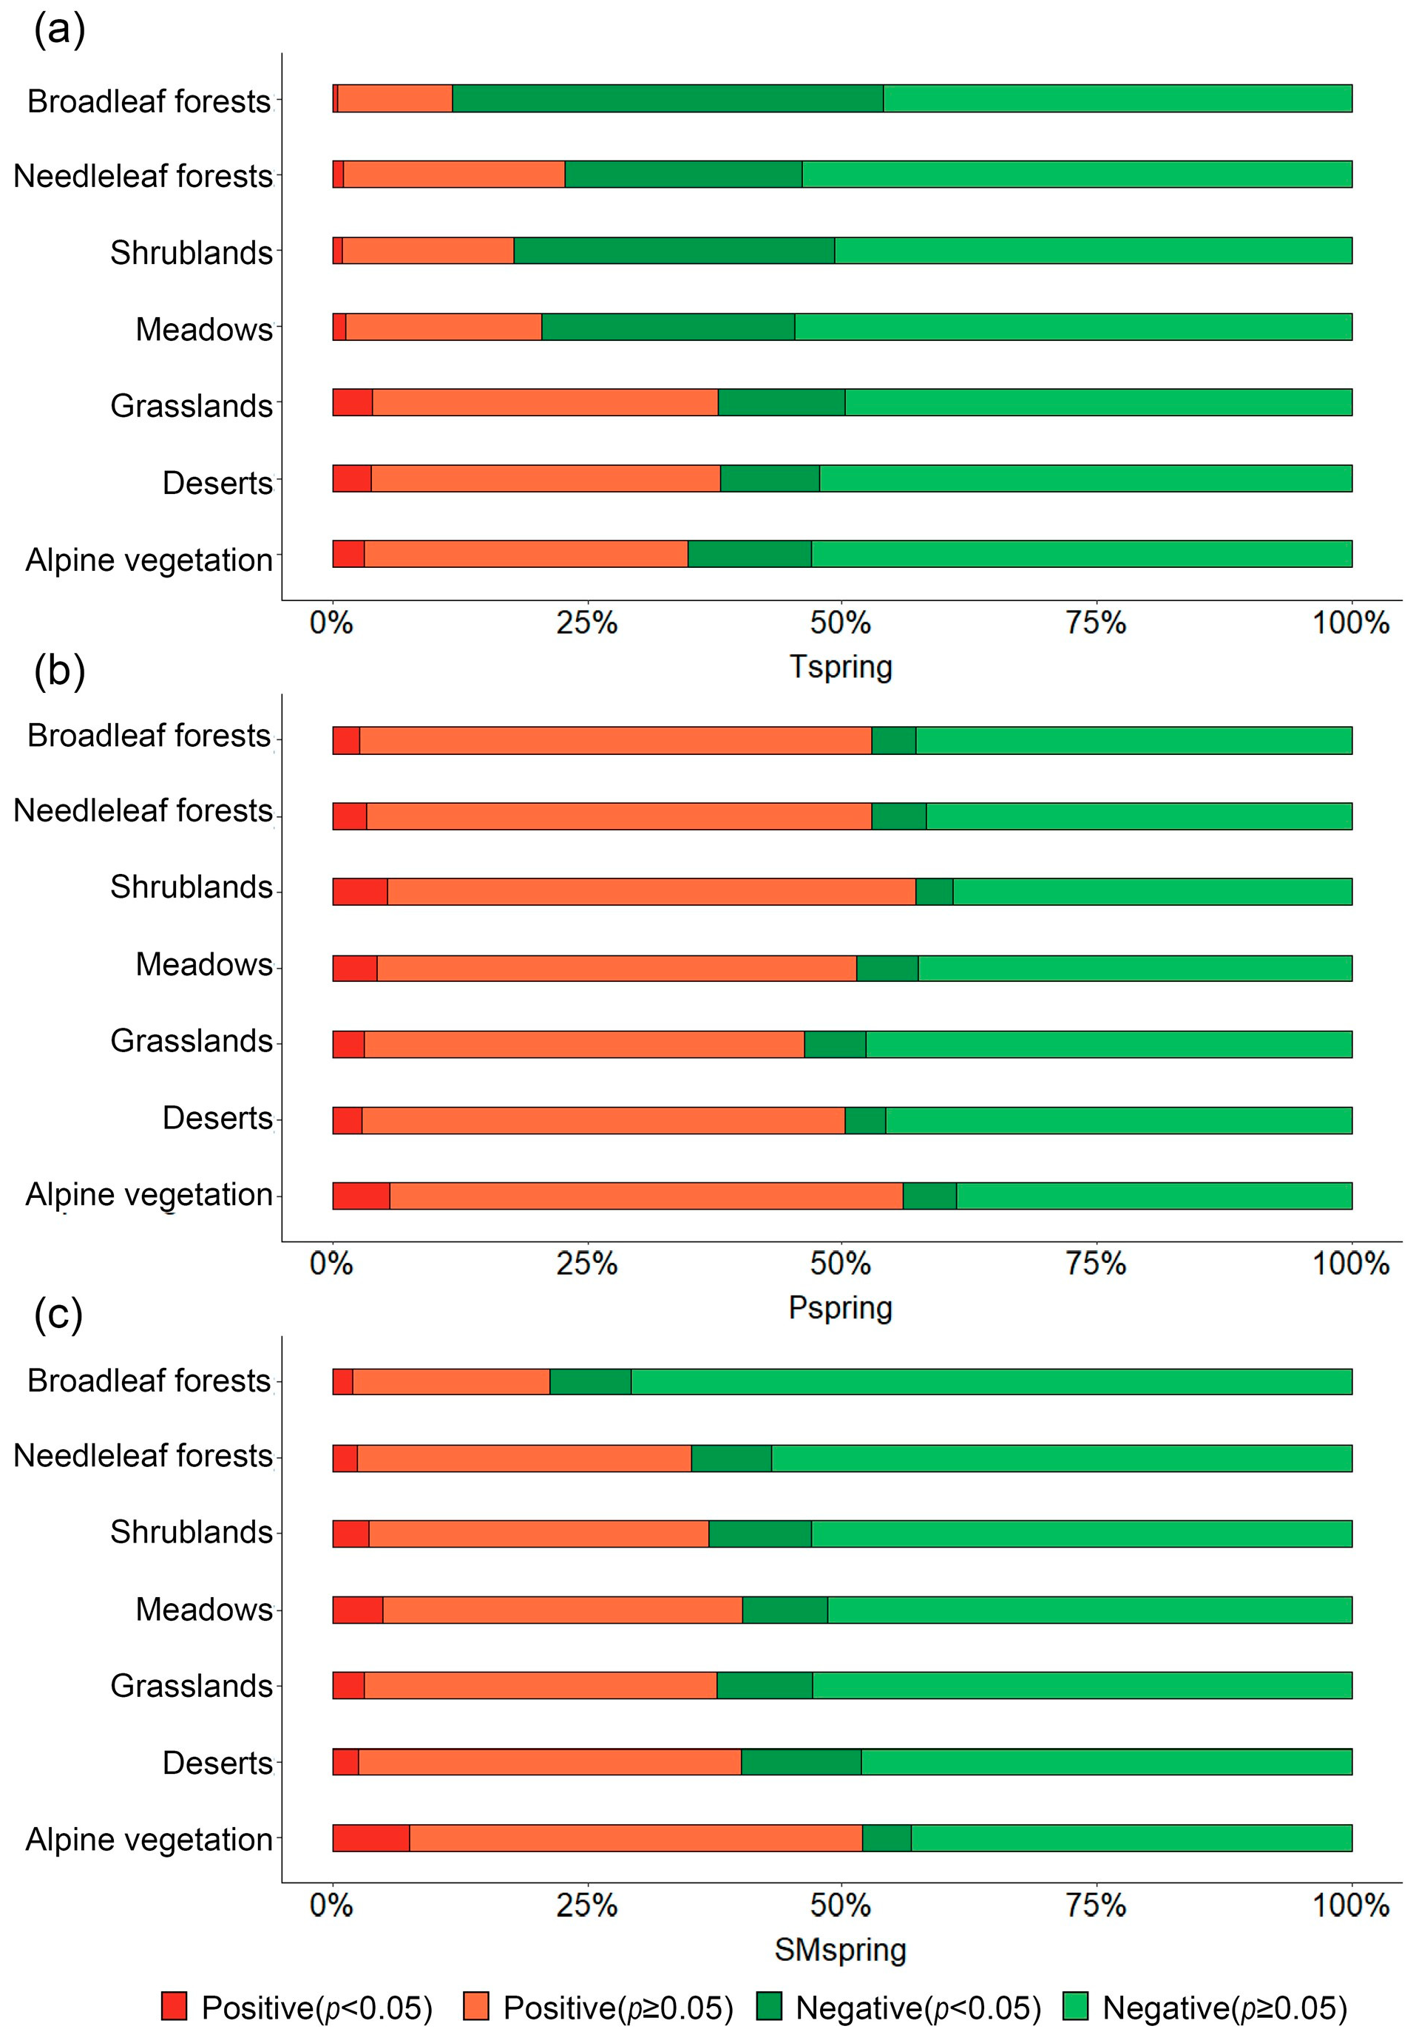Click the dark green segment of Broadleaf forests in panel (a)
[x=667, y=98]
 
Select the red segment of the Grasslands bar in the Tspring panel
[x=352, y=402]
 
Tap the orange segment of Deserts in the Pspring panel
[x=603, y=1119]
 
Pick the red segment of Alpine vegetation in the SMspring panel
[x=371, y=1838]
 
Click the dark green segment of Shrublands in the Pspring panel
[x=934, y=891]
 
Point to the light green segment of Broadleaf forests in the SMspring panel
[x=991, y=1381]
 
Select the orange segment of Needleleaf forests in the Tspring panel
[x=453, y=174]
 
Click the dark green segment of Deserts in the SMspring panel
[x=801, y=1762]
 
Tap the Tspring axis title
[x=840, y=667]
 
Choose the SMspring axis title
[x=840, y=1950]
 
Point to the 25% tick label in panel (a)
[x=586, y=623]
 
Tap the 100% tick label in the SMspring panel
[x=1350, y=1905]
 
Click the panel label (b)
[x=59, y=671]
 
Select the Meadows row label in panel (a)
[x=204, y=329]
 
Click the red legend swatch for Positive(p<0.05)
[x=174, y=2007]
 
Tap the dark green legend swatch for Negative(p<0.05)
[x=768, y=2007]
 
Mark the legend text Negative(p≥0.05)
[x=1224, y=2008]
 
